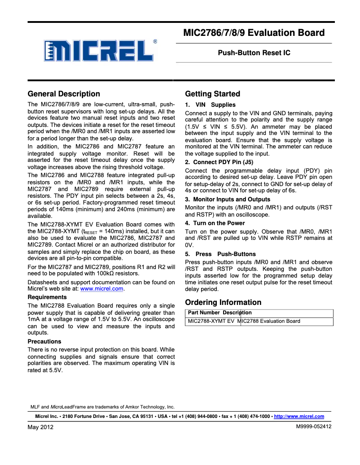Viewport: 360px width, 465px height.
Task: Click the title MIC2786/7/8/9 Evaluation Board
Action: pos(254,33)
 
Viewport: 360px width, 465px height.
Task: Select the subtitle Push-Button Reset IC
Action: pos(254,53)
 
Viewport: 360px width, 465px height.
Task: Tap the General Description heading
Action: pos(64,94)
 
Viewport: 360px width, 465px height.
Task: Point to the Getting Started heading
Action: pos(212,94)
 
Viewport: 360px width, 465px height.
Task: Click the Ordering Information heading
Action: pos(223,302)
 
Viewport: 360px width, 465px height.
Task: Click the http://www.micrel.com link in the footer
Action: pos(299,417)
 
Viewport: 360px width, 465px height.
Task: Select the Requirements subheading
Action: pos(47,297)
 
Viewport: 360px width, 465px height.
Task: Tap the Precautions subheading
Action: pos(44,341)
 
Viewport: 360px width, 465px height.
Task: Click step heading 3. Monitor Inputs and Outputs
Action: pos(228,199)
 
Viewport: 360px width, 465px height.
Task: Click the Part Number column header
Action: pos(204,313)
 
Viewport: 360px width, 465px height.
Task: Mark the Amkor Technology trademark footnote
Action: pos(102,407)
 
